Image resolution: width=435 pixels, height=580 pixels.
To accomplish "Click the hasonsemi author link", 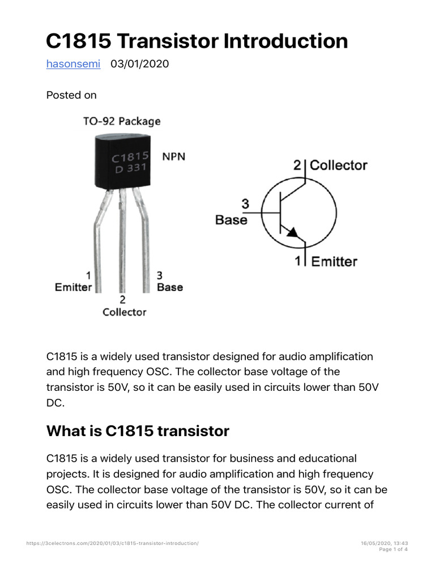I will click(73, 64).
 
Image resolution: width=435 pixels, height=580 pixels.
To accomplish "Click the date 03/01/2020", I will click(139, 64).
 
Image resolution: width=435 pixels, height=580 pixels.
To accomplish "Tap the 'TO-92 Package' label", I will click(122, 121).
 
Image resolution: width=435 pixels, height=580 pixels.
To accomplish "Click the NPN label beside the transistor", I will click(174, 156).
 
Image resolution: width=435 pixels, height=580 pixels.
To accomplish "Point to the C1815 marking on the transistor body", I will click(130, 157).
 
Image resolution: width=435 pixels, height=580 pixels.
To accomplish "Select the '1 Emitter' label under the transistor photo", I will click(74, 282).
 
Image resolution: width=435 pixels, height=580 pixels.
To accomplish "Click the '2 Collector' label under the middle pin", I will click(124, 306).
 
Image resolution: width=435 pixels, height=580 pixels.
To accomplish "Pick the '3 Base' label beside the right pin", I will click(169, 282).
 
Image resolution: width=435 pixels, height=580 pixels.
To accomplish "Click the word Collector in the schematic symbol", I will click(338, 165).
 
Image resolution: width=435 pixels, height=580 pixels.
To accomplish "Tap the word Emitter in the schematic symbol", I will click(334, 262).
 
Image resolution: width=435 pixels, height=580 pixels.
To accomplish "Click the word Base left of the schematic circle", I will click(231, 220).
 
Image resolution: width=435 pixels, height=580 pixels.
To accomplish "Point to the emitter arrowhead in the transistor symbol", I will click(292, 232).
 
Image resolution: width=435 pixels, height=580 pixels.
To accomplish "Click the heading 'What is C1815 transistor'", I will click(138, 431).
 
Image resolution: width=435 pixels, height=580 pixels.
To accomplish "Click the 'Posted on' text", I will click(71, 95).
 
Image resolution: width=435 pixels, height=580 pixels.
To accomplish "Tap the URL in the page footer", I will click(113, 543).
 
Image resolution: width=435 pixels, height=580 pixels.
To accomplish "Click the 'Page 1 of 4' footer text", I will click(393, 549).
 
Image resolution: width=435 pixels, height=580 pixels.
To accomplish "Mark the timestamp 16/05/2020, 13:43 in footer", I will click(385, 543).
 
